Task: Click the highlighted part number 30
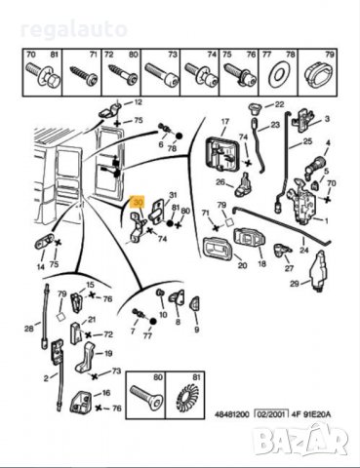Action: coord(138,202)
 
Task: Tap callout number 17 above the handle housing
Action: coord(223,123)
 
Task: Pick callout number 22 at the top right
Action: coord(279,104)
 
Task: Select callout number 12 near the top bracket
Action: coord(138,102)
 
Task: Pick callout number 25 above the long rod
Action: coord(308,142)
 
